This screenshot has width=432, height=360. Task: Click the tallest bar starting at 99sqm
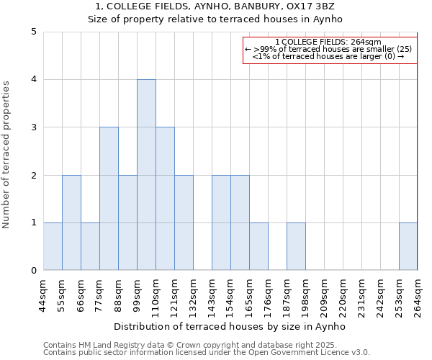[146, 175]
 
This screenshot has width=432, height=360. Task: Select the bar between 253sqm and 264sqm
[408, 247]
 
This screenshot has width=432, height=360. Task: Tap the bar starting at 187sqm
[296, 247]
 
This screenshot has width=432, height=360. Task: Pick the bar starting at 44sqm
[53, 247]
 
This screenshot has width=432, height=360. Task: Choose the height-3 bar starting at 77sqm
[109, 199]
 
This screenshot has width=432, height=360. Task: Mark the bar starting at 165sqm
[258, 247]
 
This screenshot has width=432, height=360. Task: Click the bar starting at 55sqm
[71, 223]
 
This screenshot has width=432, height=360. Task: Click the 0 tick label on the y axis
[34, 271]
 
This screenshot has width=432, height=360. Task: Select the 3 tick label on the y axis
[34, 127]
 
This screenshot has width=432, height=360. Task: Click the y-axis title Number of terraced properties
[7, 155]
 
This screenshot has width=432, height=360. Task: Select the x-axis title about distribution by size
[230, 326]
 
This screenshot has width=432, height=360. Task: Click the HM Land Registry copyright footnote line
[190, 345]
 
